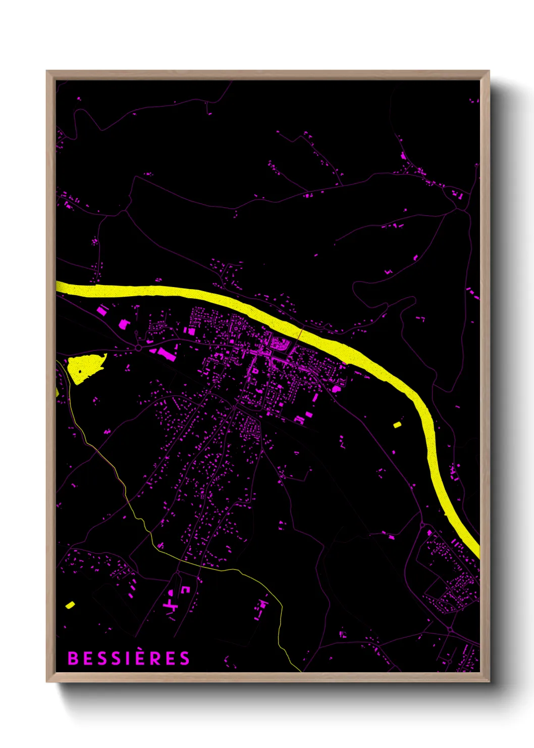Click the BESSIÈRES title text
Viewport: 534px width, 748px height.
click(x=129, y=658)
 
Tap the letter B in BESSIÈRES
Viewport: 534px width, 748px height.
click(x=73, y=658)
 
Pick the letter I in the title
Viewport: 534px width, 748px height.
click(x=129, y=658)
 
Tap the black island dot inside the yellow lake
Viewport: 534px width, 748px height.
click(x=80, y=371)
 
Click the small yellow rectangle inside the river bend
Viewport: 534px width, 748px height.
click(x=397, y=425)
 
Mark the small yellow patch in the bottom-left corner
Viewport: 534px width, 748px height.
click(x=70, y=604)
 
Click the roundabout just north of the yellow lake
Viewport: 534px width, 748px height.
click(x=138, y=348)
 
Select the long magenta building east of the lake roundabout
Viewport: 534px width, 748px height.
click(x=167, y=354)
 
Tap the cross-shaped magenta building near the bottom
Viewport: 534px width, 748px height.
click(x=171, y=604)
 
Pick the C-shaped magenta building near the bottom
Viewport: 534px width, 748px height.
click(x=185, y=589)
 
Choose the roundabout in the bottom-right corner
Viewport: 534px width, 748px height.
click(x=449, y=630)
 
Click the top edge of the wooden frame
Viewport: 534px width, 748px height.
click(x=268, y=74)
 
